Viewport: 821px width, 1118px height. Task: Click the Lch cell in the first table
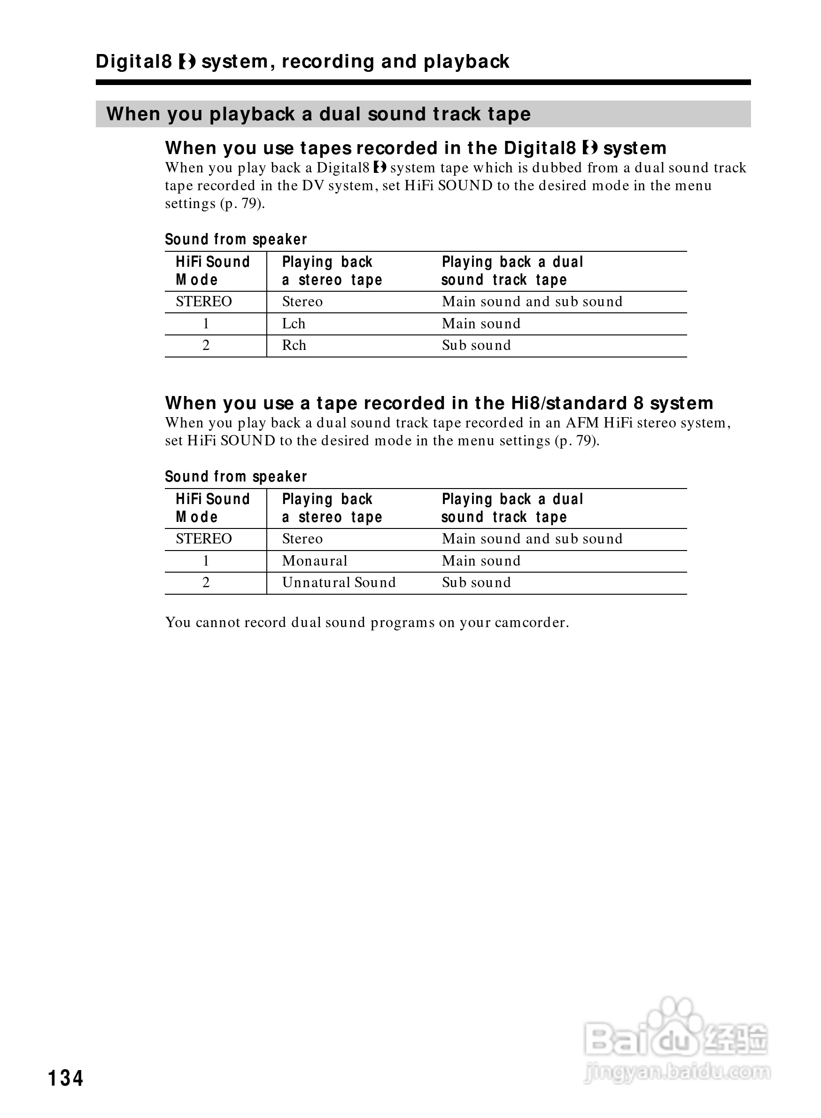293,324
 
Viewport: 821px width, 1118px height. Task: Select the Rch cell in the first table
294,345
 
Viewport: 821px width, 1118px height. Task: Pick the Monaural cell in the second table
315,561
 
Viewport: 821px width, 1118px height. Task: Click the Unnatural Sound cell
339,582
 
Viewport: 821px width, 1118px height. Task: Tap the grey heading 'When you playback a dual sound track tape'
318,114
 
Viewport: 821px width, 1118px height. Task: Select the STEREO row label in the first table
204,302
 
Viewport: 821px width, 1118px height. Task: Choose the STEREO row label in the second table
204,539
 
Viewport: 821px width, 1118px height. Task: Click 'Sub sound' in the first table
476,345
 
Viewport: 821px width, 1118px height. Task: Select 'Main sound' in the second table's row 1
481,561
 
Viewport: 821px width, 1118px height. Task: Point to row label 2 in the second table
206,582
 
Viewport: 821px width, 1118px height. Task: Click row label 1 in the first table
206,324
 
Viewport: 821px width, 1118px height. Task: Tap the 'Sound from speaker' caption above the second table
236,477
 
